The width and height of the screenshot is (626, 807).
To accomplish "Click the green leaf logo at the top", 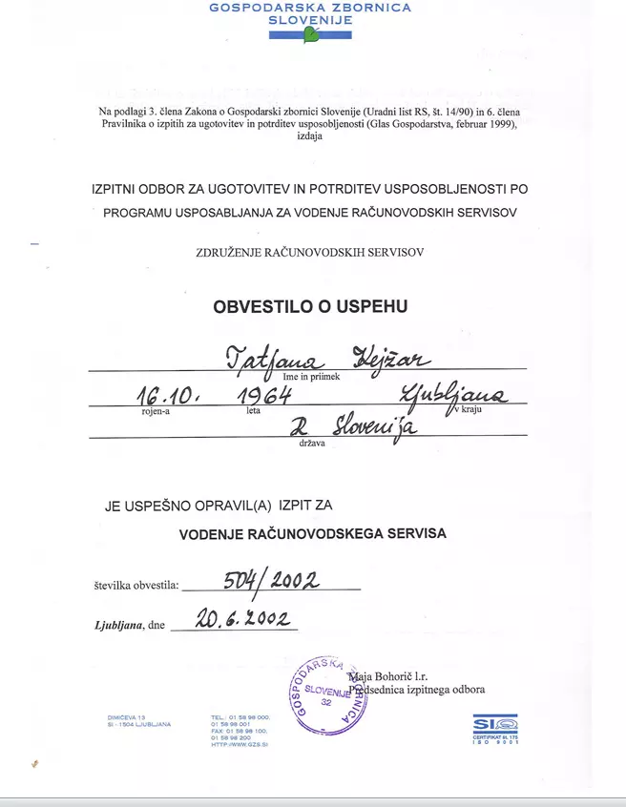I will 311,35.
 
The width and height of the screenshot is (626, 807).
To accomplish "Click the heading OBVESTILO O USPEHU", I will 311,307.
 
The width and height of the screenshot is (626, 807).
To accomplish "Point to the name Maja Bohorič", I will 387,676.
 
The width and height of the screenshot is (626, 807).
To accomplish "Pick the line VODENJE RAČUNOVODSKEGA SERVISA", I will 312,534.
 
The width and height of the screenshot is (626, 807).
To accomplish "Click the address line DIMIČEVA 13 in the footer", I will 126,717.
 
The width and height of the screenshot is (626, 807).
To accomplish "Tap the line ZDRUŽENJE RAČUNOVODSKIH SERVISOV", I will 307,252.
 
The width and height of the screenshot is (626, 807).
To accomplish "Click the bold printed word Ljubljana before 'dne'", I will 118,624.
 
